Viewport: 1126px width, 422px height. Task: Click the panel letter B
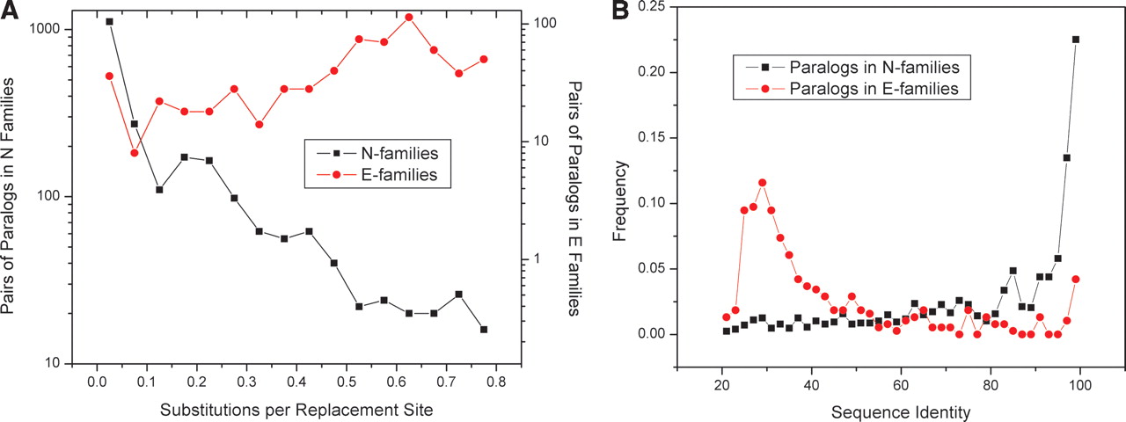point(621,11)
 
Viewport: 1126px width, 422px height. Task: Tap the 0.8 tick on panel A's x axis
point(496,383)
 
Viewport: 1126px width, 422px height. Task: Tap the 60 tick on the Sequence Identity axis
point(900,384)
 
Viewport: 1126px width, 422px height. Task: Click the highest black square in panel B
point(1076,40)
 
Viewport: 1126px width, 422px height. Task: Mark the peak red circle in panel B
point(762,183)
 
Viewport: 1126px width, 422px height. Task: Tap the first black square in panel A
point(109,21)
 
